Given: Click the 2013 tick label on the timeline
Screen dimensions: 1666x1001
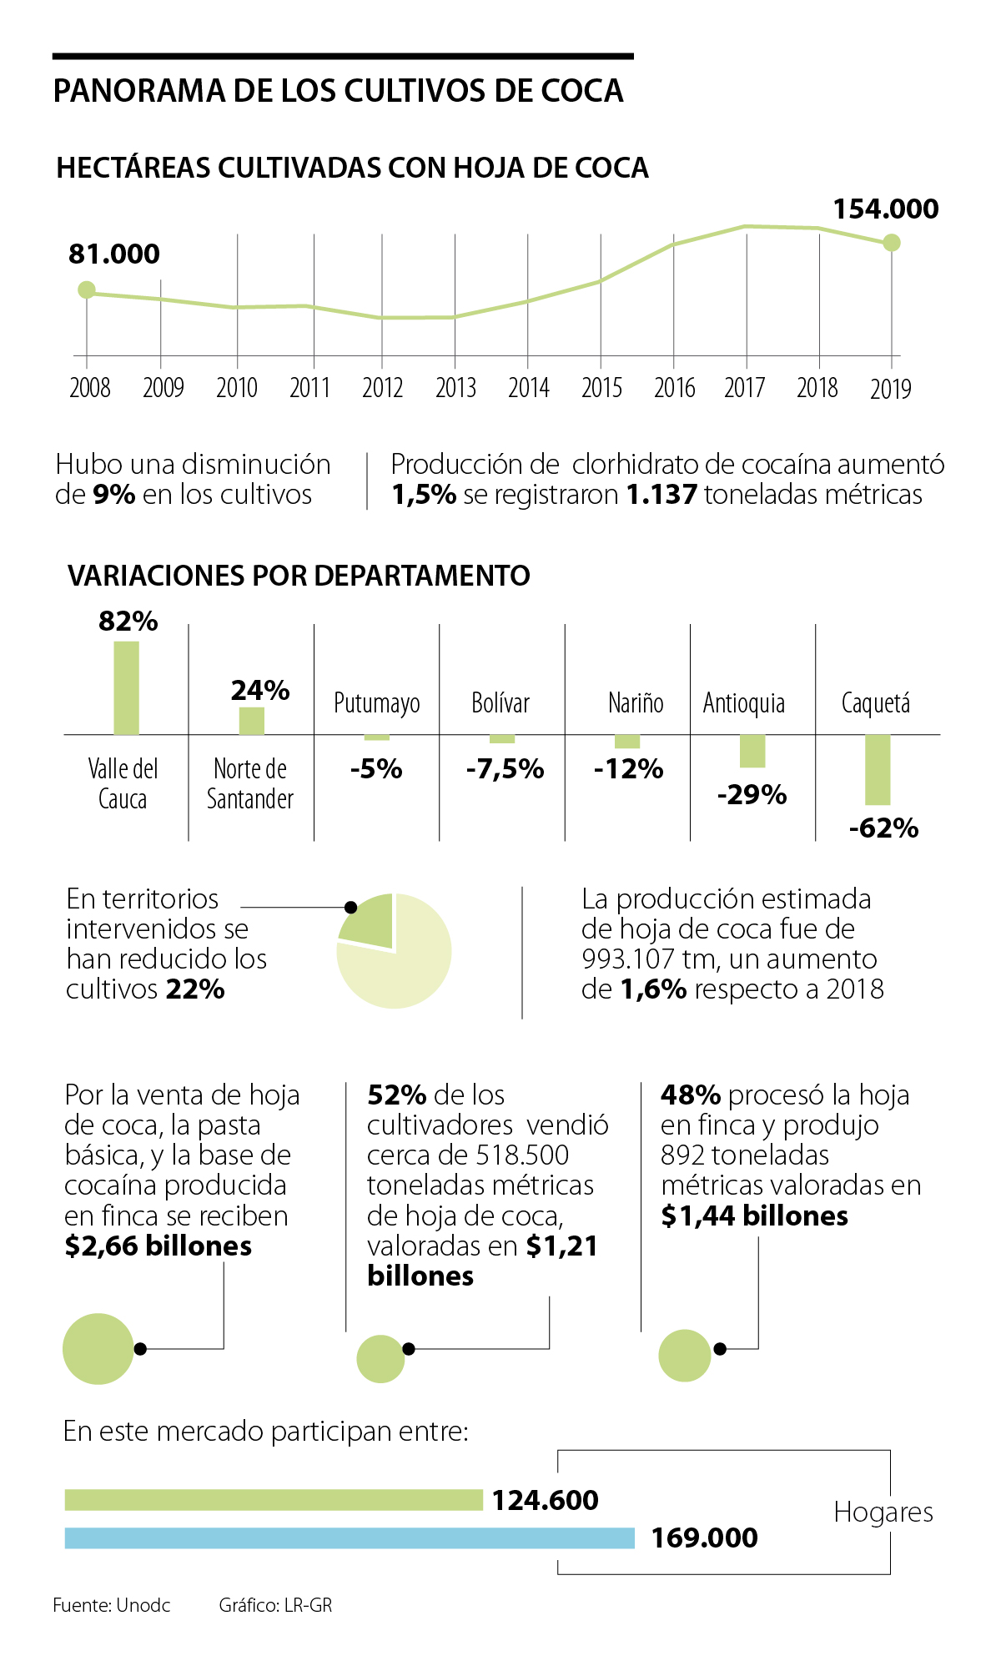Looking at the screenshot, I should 455,388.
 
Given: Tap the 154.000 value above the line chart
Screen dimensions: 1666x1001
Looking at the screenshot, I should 886,209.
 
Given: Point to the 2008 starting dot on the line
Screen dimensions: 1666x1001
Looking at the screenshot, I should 86,289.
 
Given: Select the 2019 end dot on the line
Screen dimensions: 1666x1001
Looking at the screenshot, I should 892,243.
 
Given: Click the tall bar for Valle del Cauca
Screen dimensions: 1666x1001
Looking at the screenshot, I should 126,687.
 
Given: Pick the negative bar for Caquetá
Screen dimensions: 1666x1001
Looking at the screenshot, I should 878,769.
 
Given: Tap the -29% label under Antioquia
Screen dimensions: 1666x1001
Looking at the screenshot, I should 752,794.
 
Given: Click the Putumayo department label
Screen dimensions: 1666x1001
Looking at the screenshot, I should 376,703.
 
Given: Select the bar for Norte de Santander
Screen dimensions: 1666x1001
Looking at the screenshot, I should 251,721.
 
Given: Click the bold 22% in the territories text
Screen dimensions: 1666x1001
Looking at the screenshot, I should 195,989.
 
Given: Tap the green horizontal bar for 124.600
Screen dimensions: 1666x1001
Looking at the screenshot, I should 274,1500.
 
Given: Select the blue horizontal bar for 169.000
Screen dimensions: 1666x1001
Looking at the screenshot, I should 350,1538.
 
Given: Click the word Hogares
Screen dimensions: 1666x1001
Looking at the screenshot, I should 883,1512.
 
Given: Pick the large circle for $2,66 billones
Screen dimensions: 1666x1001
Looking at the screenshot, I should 98,1349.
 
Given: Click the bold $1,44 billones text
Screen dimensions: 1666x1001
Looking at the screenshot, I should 754,1216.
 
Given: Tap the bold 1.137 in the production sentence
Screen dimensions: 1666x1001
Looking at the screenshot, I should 661,495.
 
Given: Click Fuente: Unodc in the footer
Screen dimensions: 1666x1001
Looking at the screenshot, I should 111,1605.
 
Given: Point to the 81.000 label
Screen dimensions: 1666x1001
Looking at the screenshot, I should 114,254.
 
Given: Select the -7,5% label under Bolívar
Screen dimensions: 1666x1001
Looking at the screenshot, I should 505,768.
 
